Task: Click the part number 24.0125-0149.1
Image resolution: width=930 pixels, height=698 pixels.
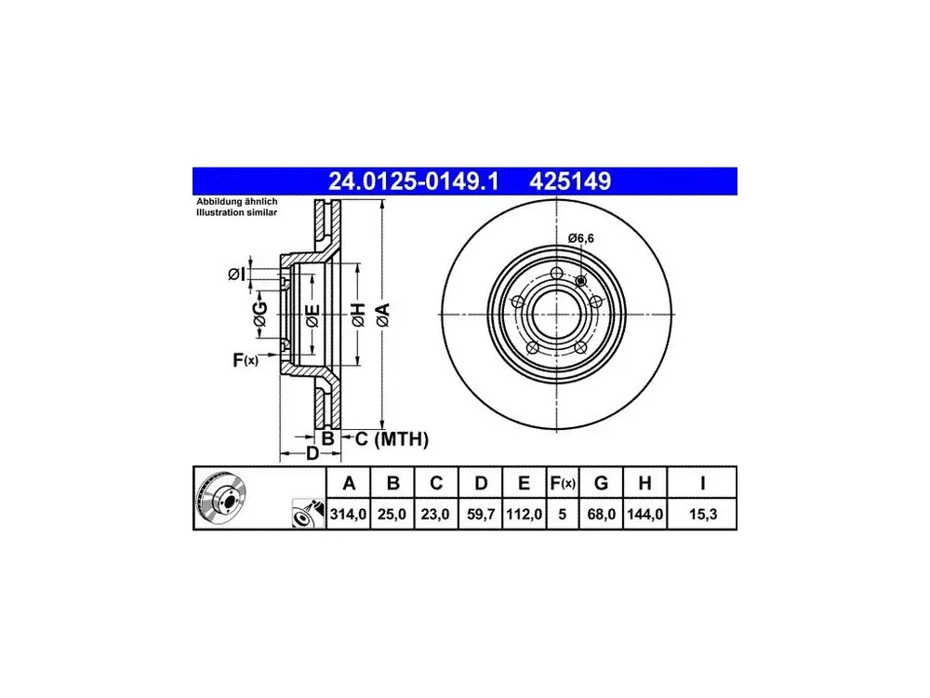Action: [x=414, y=181]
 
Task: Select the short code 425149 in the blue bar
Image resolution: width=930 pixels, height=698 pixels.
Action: [x=570, y=181]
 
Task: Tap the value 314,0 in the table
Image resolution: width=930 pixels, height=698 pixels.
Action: [x=348, y=514]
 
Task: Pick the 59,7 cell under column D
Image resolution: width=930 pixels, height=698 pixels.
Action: [x=481, y=514]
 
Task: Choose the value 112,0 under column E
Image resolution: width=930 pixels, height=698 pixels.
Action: [x=524, y=514]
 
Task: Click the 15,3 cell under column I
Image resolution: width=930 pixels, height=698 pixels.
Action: [x=703, y=514]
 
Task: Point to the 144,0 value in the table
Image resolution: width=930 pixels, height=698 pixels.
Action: [x=644, y=514]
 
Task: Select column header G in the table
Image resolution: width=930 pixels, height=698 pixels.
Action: [x=601, y=483]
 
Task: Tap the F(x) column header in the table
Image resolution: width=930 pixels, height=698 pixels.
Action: [x=563, y=483]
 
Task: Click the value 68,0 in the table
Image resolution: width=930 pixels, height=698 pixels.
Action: [x=601, y=514]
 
